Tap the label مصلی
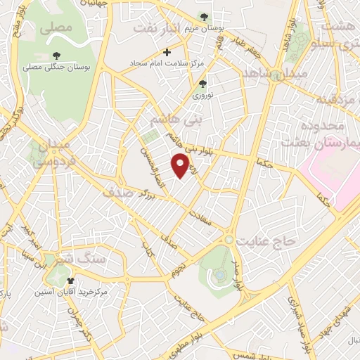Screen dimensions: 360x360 point(56,29)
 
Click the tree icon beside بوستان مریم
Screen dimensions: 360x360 point(204,17)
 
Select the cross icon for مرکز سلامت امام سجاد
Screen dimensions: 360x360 point(167,52)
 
